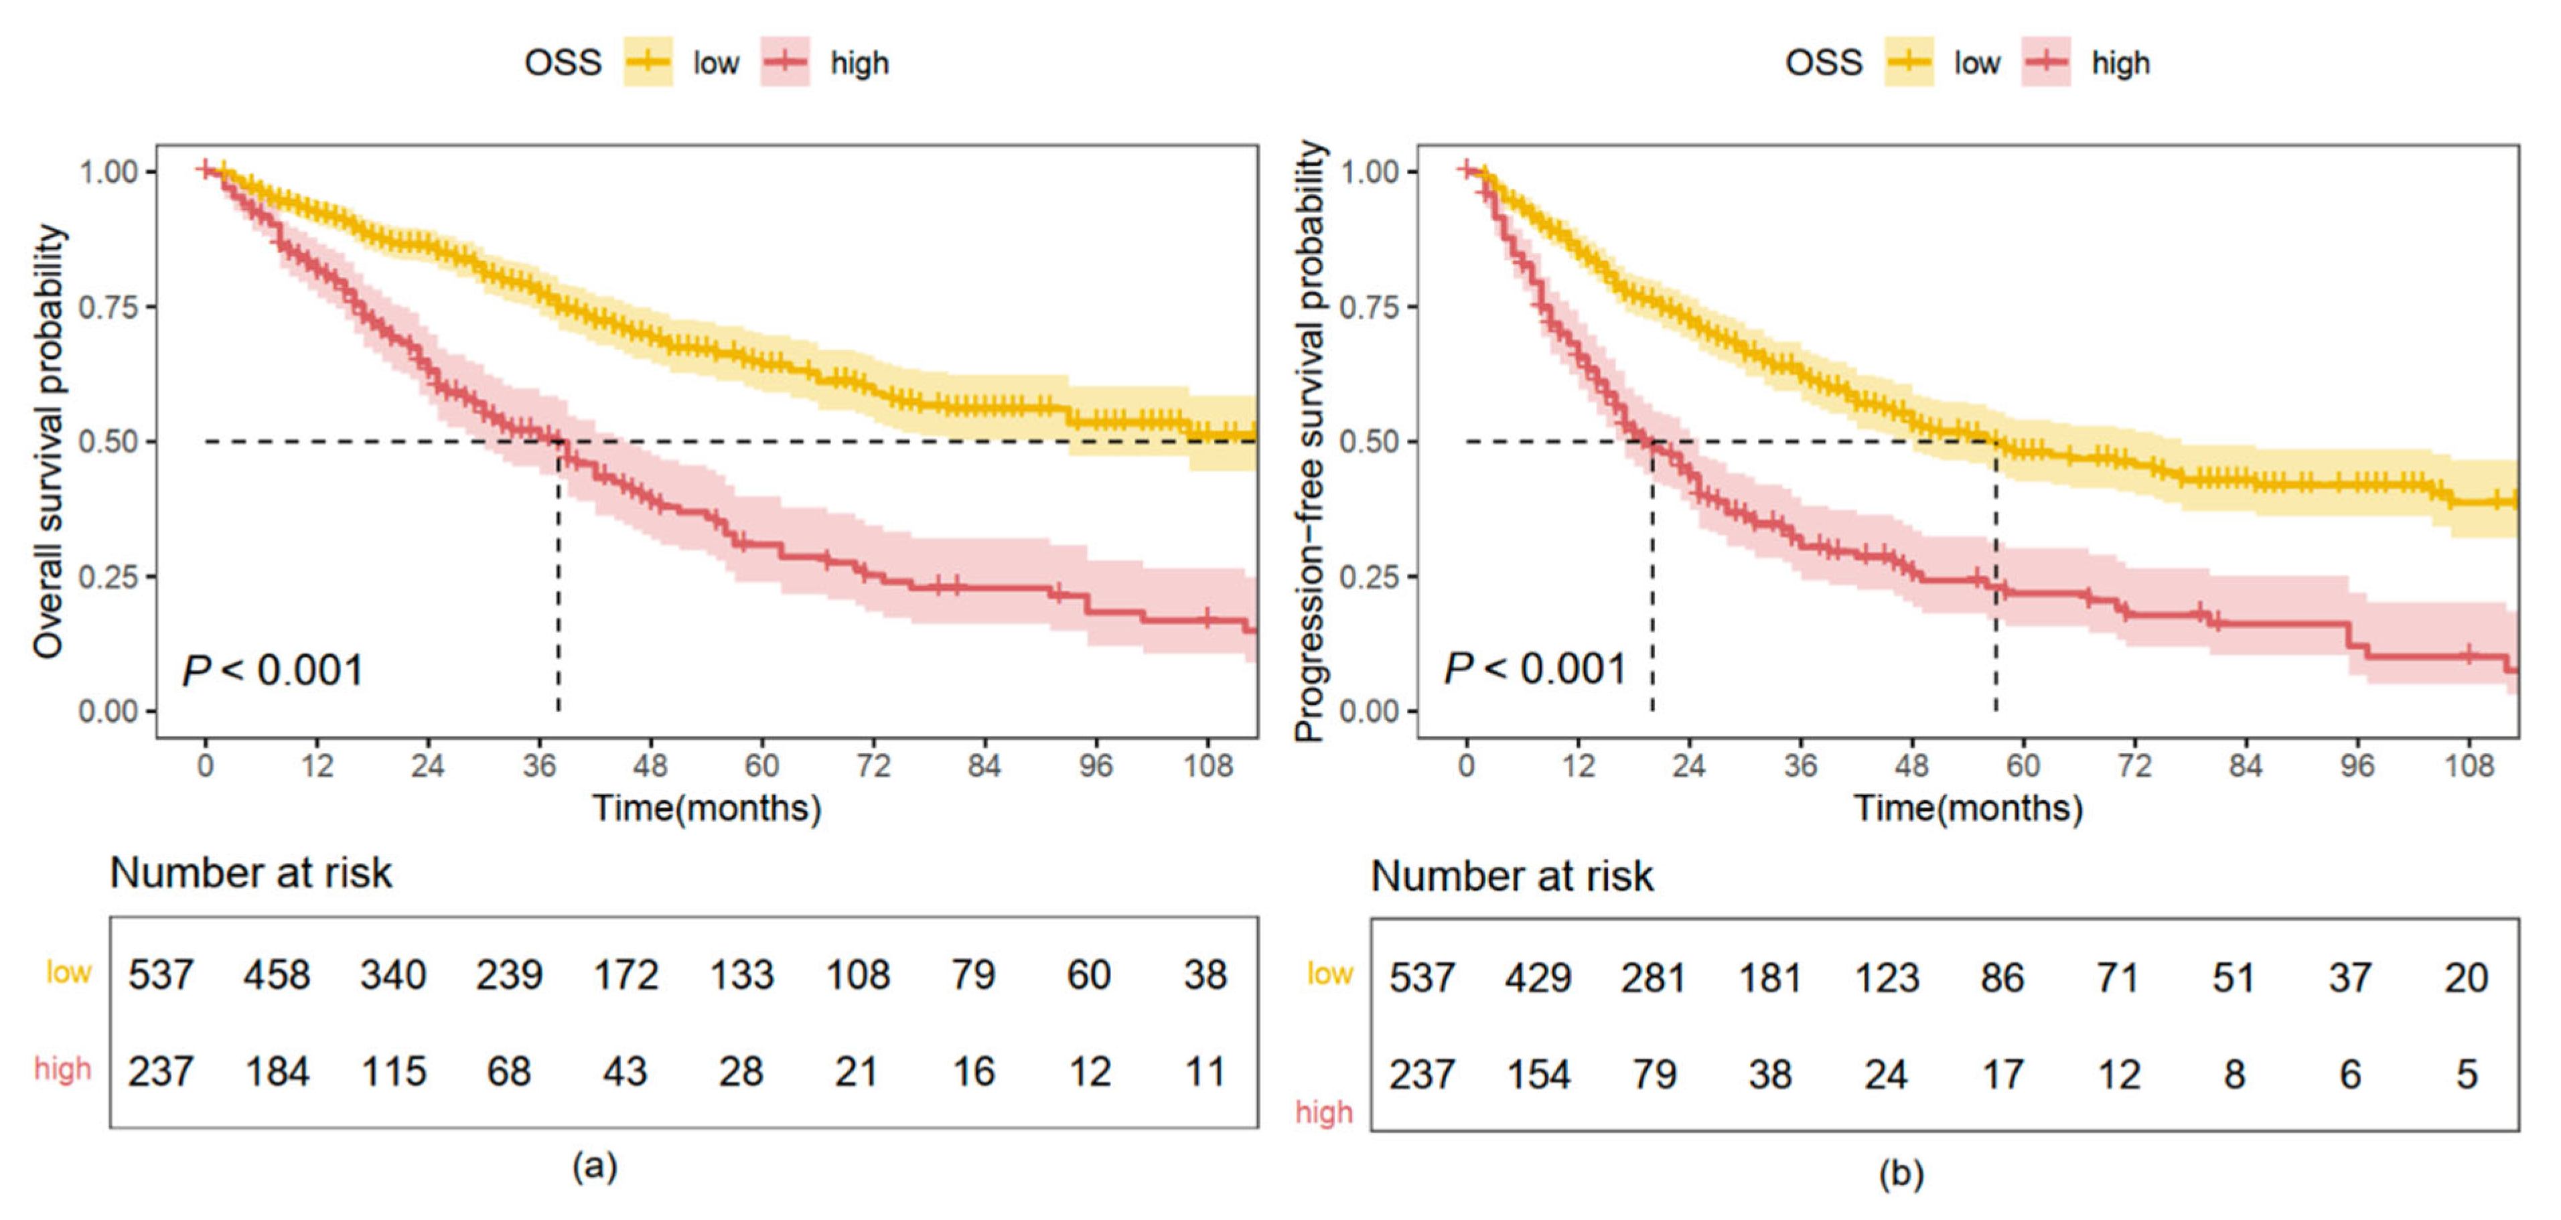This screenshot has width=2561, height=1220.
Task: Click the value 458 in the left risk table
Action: [277, 974]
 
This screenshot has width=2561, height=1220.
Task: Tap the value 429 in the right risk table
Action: [1537, 978]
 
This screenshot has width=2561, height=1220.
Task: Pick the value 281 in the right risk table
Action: [1654, 978]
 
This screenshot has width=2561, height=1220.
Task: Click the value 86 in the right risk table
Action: [2001, 978]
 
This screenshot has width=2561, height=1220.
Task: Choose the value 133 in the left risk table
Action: [741, 974]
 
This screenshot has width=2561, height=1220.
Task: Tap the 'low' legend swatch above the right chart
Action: [1909, 62]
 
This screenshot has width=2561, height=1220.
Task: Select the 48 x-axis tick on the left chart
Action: [650, 765]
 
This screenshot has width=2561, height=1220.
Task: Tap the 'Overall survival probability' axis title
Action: [48, 441]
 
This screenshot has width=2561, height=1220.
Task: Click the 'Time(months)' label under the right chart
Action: [1968, 808]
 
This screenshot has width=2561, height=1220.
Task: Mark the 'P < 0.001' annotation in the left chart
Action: [273, 670]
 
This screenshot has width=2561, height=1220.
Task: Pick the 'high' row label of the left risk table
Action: [63, 1069]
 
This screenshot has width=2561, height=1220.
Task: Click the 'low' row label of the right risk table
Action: [1329, 974]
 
